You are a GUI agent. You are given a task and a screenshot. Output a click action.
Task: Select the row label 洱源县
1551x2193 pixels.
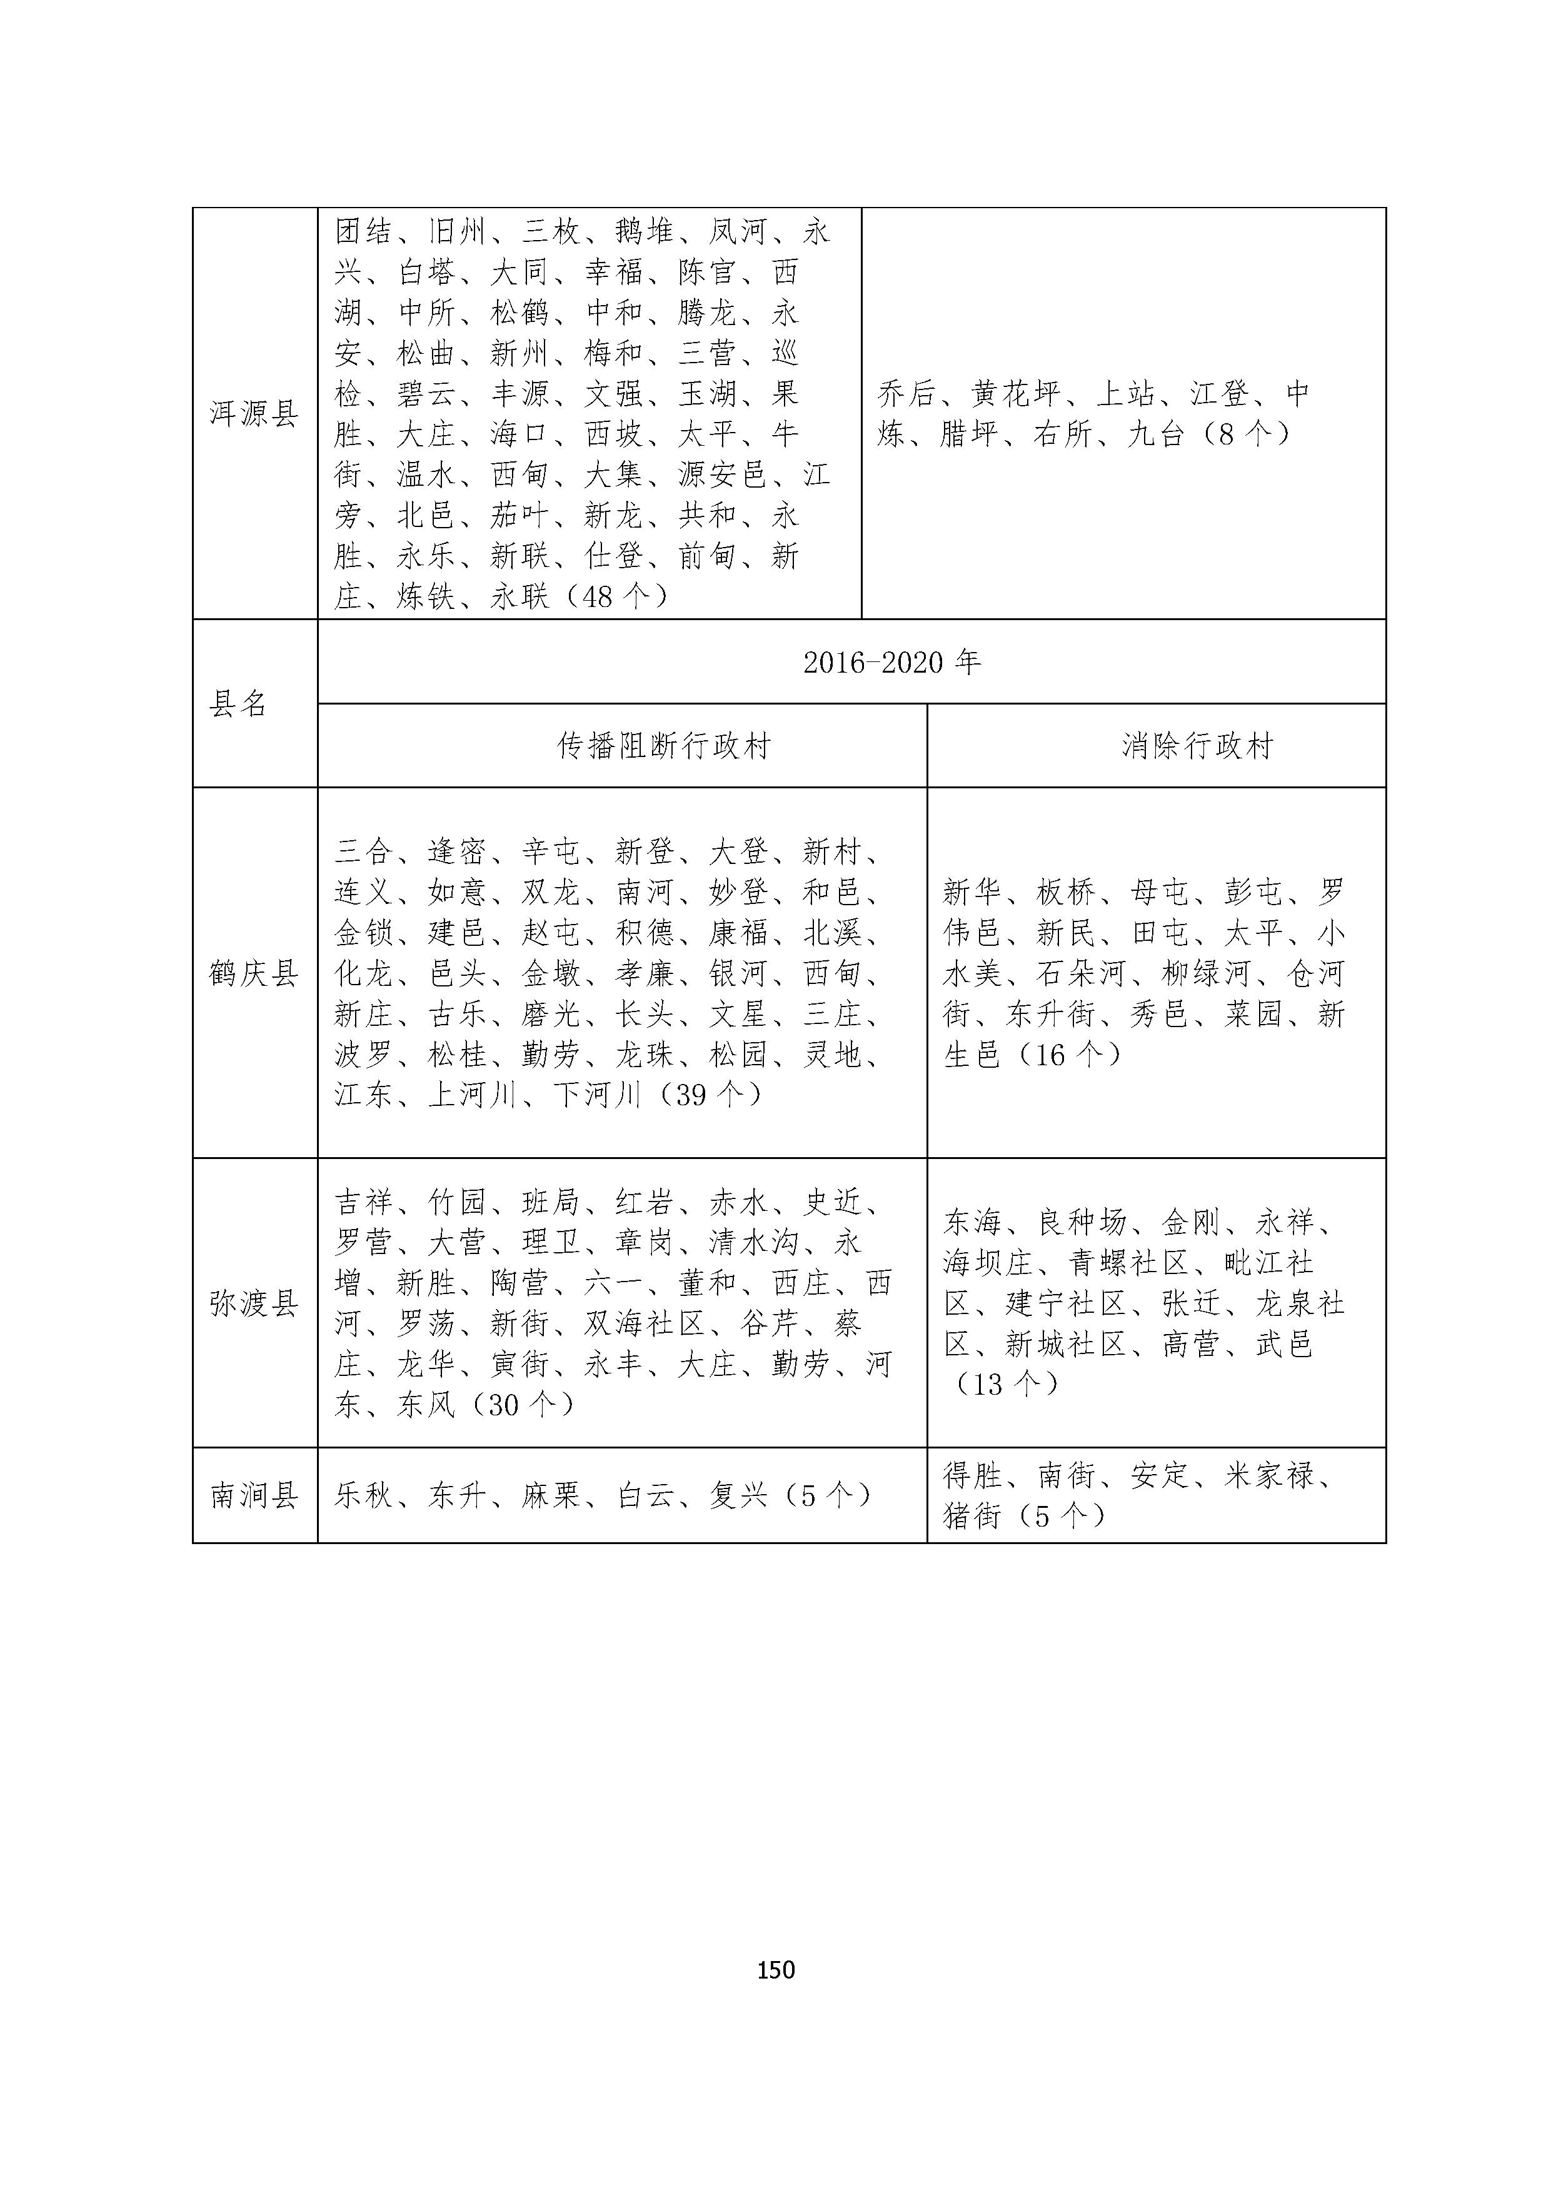point(254,414)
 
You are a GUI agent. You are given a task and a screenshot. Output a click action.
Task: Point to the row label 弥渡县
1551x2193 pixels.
point(254,1303)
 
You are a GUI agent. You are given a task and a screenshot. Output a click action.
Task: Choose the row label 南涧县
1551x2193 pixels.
point(254,1495)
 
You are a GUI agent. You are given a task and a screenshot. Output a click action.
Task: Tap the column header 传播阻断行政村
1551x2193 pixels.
point(664,746)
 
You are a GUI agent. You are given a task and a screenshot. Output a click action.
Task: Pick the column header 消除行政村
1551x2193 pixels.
point(1198,746)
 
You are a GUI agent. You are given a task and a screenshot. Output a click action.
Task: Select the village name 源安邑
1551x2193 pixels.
point(723,474)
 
